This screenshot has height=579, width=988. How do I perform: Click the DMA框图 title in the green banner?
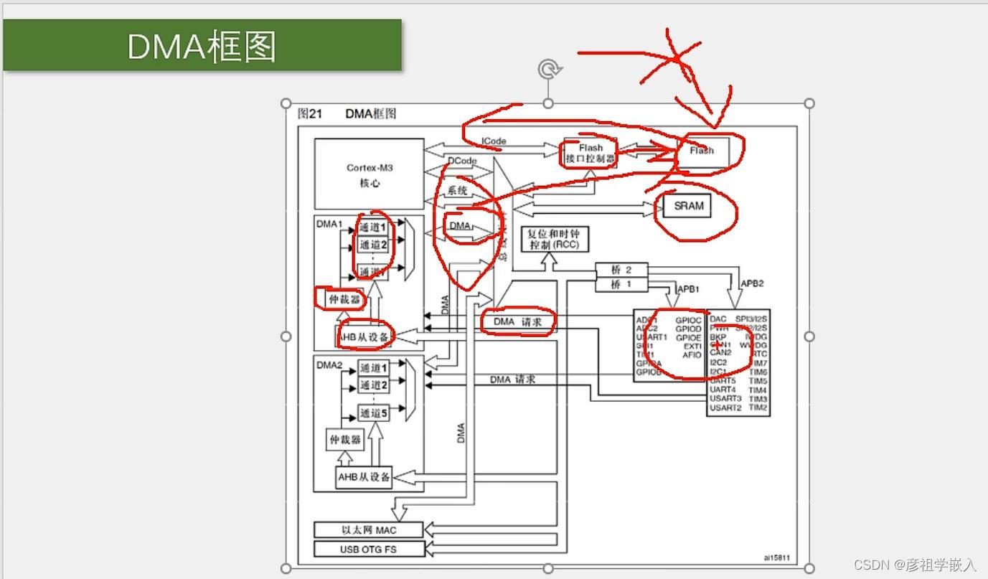202,46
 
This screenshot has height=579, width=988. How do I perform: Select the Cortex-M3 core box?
370,174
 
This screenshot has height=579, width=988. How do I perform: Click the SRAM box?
688,206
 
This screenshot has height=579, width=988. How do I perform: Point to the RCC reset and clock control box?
554,239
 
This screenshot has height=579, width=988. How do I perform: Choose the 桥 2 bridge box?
621,270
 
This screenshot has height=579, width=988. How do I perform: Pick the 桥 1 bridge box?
621,284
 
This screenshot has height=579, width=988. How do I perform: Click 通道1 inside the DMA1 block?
373,227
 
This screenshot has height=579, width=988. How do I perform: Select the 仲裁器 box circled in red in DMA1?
344,298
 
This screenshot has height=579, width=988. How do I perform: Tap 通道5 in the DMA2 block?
373,413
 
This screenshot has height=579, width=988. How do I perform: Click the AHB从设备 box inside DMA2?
364,476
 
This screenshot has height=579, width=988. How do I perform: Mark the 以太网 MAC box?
369,530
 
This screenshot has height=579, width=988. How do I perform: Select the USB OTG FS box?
369,549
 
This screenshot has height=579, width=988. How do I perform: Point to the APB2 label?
752,283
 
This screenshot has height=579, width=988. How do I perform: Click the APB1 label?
688,289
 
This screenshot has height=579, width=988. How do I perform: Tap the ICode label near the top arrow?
494,141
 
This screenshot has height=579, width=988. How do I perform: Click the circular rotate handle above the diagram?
549,69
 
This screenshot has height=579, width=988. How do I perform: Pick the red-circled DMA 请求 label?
517,322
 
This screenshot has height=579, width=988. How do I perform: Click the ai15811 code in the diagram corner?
776,557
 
